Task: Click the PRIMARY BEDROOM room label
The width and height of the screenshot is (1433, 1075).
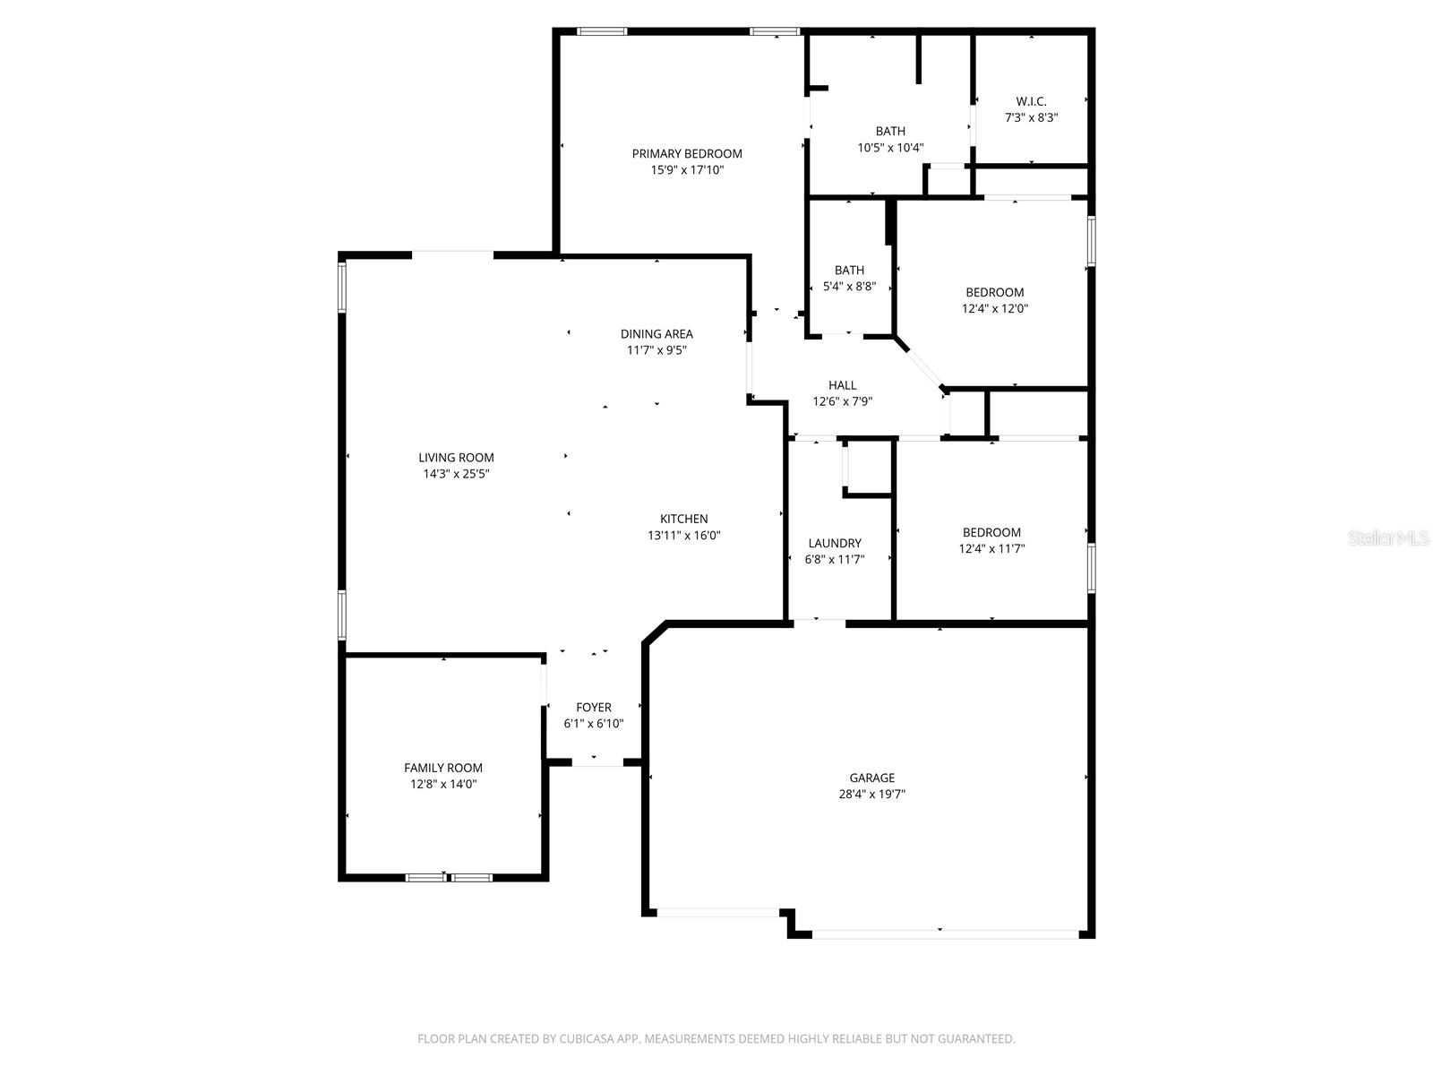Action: tap(687, 153)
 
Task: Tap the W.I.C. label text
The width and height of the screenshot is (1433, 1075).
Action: tap(1031, 101)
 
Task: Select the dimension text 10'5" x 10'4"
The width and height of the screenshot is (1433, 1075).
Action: tap(890, 148)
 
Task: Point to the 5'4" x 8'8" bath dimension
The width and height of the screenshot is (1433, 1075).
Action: tap(849, 287)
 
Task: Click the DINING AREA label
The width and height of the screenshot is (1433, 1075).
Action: tap(656, 334)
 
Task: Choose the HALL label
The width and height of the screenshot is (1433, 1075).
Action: tap(842, 385)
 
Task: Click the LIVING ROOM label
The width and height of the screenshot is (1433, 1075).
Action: tap(456, 458)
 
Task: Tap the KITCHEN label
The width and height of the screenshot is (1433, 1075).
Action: tap(683, 519)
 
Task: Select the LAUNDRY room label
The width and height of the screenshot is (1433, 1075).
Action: tap(835, 543)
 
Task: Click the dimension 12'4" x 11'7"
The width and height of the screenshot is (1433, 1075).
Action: tap(991, 548)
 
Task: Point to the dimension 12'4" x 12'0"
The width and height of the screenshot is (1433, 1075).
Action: tap(994, 308)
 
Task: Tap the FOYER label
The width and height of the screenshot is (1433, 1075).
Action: tap(593, 708)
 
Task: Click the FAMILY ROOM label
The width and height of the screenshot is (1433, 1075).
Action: tap(442, 768)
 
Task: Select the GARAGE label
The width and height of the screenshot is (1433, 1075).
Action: tap(871, 778)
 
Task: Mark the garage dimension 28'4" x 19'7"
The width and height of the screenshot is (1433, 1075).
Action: tap(871, 794)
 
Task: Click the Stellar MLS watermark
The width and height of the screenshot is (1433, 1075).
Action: tap(1389, 537)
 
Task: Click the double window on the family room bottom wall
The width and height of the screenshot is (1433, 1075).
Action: tap(449, 877)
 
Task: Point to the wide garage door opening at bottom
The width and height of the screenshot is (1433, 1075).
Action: tap(945, 934)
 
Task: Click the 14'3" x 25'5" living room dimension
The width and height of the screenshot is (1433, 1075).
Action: tap(456, 474)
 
